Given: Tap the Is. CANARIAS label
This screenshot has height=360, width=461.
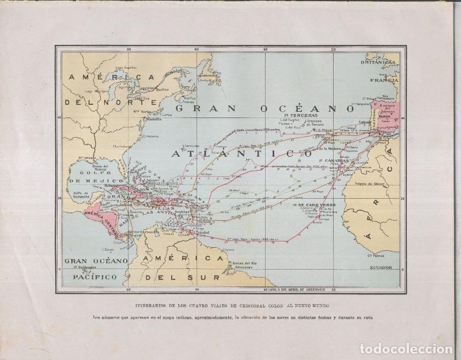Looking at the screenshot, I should click(330, 161).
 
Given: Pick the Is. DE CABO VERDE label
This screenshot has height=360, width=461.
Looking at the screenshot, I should click(316, 205).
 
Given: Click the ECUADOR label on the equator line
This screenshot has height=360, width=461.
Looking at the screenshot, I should click(380, 267).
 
